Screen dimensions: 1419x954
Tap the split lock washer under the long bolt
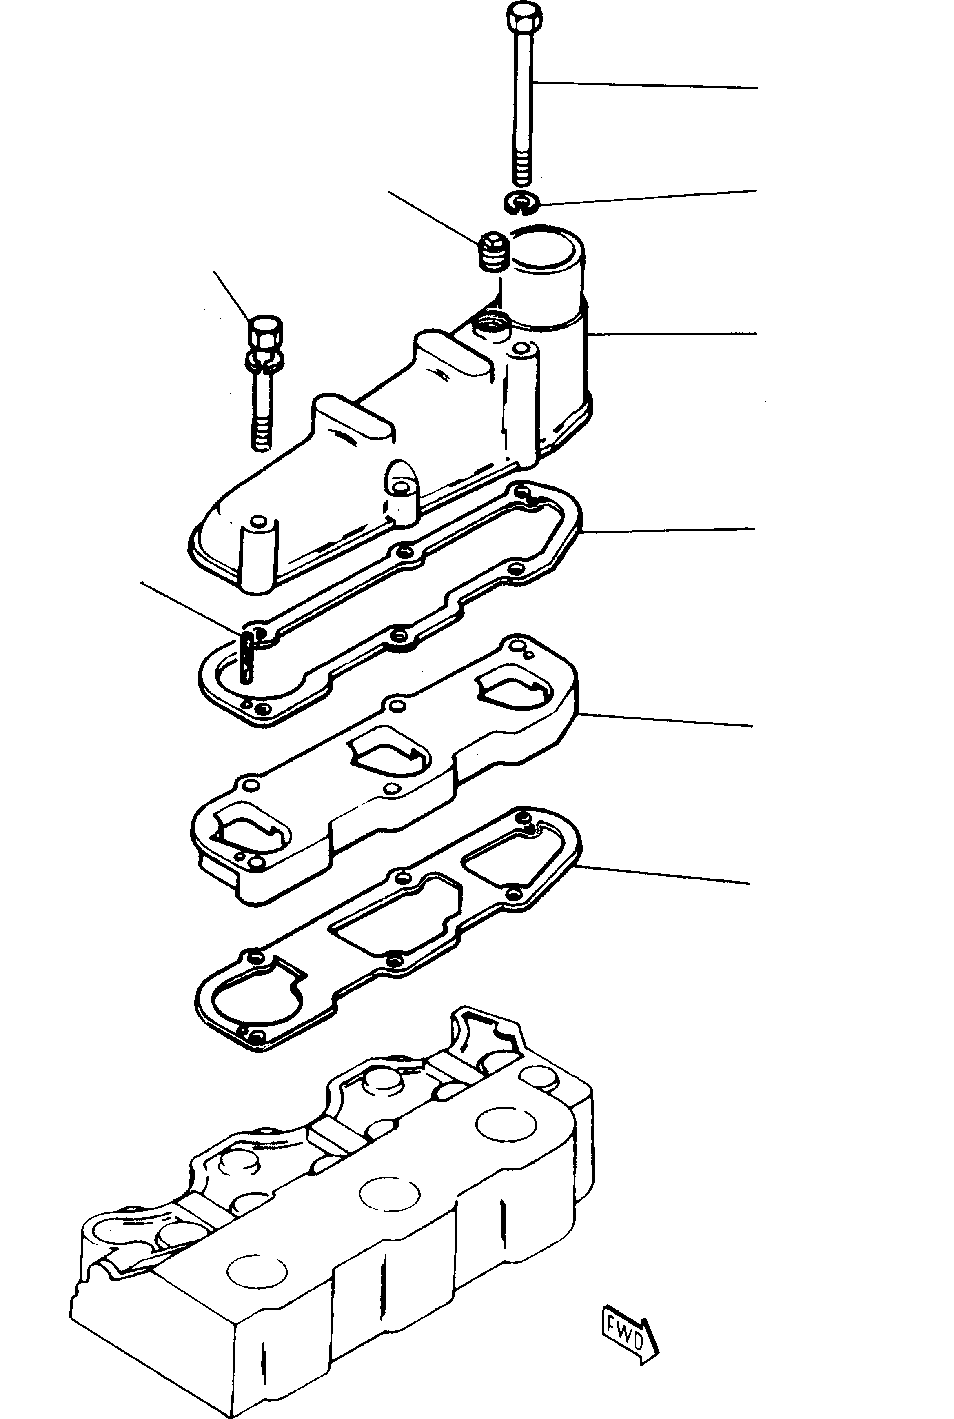(522, 203)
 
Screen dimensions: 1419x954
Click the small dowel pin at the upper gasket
(247, 657)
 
